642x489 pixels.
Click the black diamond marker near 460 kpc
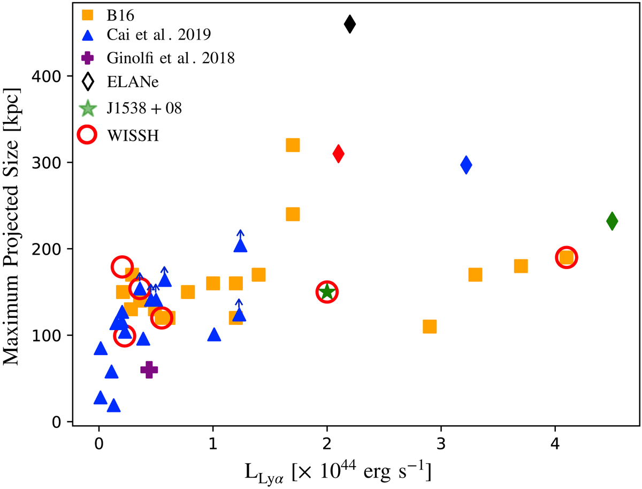point(350,24)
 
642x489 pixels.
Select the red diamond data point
point(338,154)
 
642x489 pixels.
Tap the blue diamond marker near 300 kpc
point(466,165)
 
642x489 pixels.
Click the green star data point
point(327,292)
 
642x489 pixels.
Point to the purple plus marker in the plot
point(149,369)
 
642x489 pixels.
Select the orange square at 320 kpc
point(293,145)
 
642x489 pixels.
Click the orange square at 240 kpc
point(293,215)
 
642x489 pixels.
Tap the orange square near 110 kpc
point(430,326)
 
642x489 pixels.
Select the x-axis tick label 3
point(441,444)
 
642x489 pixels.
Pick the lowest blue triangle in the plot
point(113,406)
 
